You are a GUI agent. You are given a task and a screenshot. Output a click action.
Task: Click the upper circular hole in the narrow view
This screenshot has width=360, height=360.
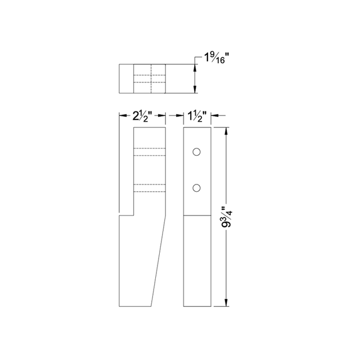point(196,152)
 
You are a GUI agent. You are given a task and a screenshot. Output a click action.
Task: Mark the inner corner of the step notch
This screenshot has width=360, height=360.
point(133,214)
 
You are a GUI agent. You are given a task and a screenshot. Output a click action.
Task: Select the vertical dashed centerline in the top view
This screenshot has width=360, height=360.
point(150,79)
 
